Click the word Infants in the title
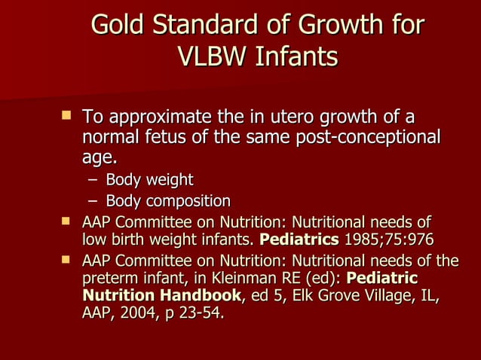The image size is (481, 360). [x=296, y=58]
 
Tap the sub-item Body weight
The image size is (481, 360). [x=149, y=180]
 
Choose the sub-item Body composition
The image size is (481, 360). [x=167, y=201]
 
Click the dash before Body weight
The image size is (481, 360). [x=91, y=180]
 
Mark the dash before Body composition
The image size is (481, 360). [x=91, y=201]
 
